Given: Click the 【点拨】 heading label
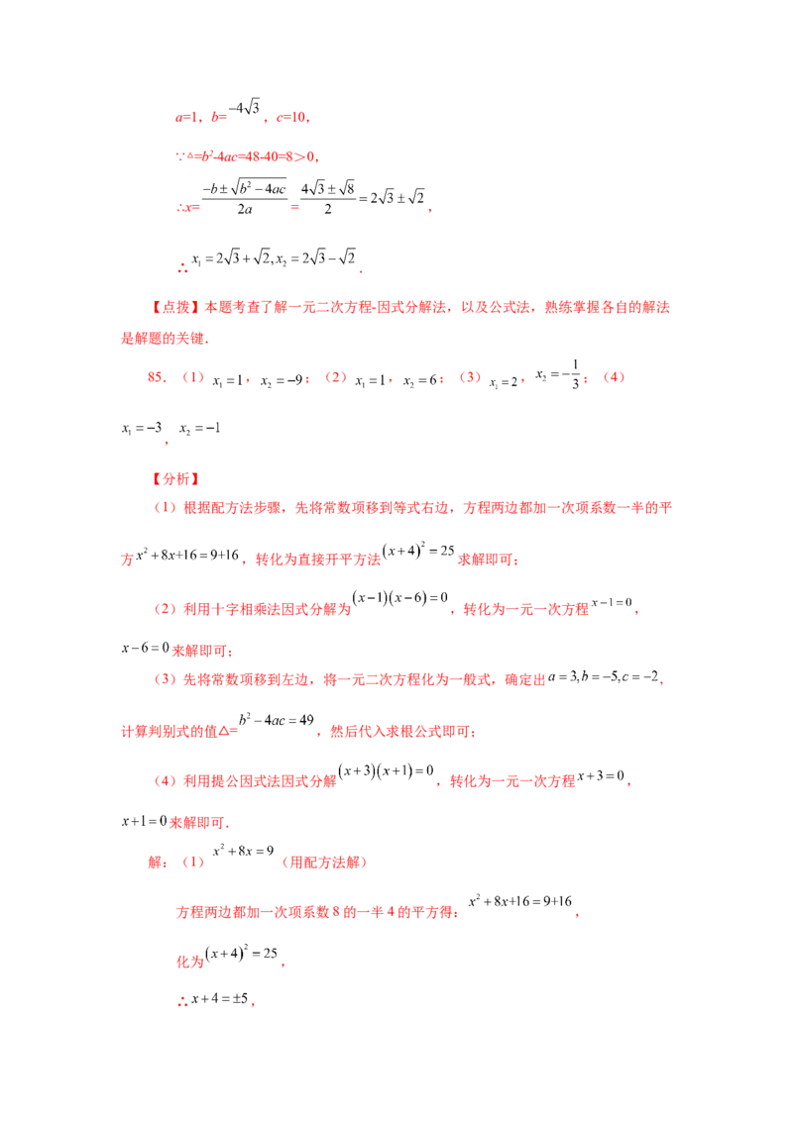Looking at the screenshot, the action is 175,307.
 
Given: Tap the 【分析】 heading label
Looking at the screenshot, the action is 175,479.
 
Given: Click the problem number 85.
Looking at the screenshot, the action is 157,377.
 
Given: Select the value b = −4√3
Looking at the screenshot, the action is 236,112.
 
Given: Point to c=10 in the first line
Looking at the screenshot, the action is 292,117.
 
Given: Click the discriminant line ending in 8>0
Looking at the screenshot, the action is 247,155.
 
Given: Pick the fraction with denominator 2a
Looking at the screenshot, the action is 244,198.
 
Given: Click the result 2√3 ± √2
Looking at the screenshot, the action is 397,198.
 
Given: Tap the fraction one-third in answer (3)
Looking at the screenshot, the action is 576,374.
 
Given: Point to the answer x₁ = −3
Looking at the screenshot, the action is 142,428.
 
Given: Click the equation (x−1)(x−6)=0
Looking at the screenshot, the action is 400,598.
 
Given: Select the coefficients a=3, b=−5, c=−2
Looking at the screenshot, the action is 604,676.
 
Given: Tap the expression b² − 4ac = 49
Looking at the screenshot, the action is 277,720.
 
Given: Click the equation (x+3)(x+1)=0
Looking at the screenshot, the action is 387,770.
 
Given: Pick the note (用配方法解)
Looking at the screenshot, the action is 324,863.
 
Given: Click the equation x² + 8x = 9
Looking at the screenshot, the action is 243,851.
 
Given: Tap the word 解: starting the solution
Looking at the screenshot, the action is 158,863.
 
